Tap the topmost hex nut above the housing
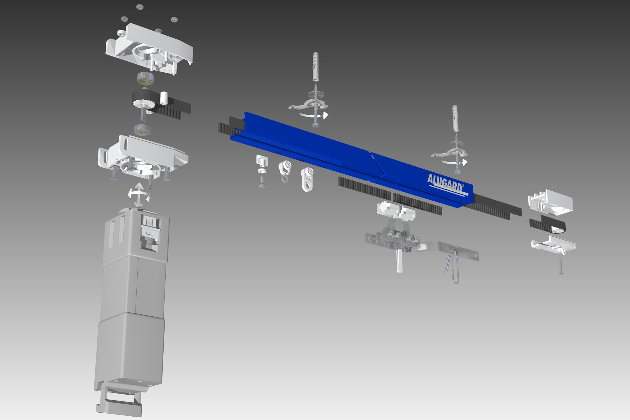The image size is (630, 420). pos(140,7)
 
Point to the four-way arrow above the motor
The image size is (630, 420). pos(139,195)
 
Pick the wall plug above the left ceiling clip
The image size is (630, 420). pos(316,67)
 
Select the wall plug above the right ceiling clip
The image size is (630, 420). pos(455,118)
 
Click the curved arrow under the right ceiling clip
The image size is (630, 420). pos(454,162)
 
